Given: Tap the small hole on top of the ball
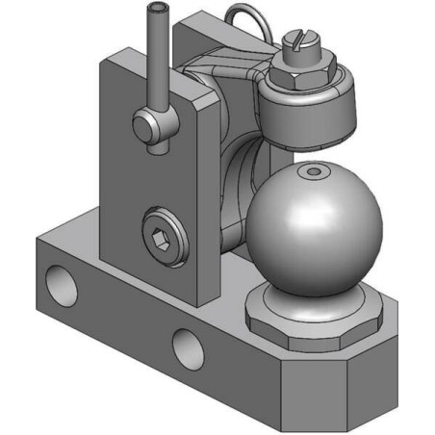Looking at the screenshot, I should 313,171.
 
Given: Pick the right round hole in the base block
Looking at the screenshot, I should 185,345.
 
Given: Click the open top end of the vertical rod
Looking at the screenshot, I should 157,9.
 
